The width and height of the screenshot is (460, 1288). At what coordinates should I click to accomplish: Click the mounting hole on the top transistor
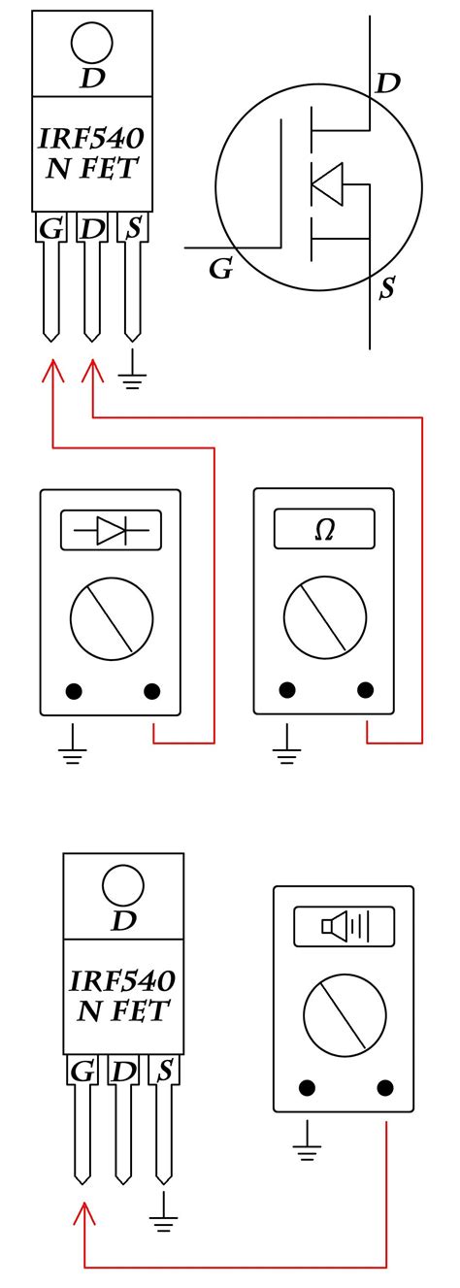(91, 43)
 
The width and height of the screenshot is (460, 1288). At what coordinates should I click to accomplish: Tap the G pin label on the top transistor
(50, 230)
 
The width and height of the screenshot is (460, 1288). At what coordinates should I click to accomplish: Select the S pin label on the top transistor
(133, 228)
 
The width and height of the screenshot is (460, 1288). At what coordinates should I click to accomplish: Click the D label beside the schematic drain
(387, 83)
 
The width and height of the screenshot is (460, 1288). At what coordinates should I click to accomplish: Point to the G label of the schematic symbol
(221, 269)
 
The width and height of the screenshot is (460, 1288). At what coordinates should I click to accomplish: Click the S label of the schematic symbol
(387, 287)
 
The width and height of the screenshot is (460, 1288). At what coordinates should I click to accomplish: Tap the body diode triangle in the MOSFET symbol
(327, 184)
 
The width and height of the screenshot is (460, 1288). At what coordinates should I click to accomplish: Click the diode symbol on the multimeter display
(111, 530)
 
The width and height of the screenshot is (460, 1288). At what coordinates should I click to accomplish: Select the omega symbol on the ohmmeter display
(324, 530)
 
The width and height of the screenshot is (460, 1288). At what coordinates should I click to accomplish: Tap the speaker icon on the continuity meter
(344, 926)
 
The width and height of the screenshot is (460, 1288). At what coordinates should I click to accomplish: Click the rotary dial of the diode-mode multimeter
(113, 618)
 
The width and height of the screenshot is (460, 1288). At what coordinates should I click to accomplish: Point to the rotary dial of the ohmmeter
(325, 617)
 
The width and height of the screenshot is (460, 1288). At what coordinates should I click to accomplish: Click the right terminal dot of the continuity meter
(384, 1087)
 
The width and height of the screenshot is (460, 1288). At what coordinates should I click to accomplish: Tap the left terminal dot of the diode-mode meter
(74, 690)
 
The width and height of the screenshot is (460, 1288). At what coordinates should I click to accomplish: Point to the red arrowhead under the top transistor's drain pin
(92, 372)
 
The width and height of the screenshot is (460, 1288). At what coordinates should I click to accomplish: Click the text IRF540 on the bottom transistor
(122, 981)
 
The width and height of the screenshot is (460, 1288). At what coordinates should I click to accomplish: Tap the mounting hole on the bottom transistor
(123, 885)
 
